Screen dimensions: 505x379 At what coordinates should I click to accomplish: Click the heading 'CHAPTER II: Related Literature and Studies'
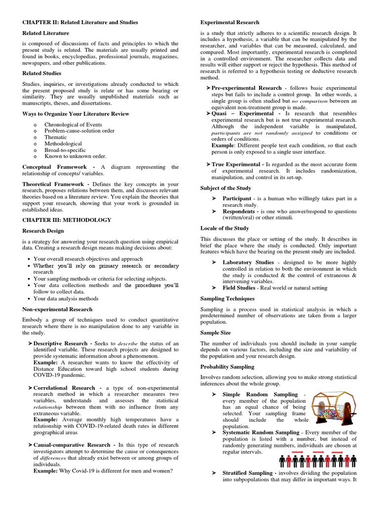pos(80,23)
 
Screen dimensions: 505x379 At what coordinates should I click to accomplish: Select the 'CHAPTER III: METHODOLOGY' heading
pos(67,220)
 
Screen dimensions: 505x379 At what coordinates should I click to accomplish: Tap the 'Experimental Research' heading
pos(230,23)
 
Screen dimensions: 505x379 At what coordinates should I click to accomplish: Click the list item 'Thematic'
pos(55,138)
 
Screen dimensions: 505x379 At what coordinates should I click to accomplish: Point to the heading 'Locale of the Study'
pos(225,228)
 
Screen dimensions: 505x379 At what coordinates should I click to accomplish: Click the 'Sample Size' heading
pos(215,333)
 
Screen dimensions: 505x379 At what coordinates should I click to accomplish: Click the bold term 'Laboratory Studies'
pos(248,262)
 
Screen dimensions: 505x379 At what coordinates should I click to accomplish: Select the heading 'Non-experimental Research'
pos(57,309)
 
